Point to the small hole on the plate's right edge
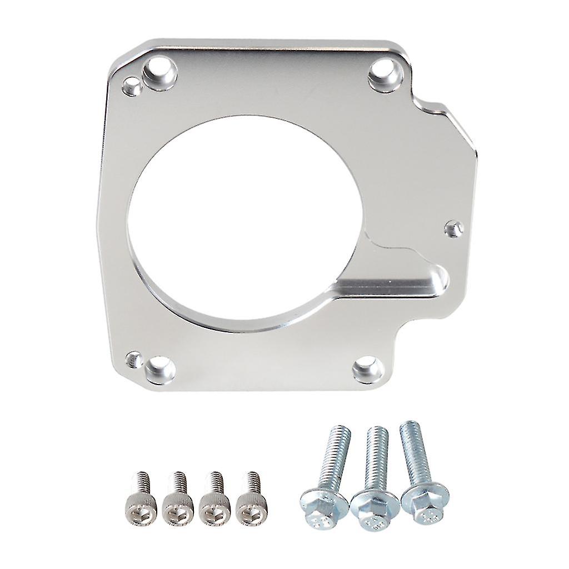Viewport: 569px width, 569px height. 455,228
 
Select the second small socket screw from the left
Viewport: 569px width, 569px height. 178,503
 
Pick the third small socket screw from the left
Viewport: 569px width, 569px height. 214,503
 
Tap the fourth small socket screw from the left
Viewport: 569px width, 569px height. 251,503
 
